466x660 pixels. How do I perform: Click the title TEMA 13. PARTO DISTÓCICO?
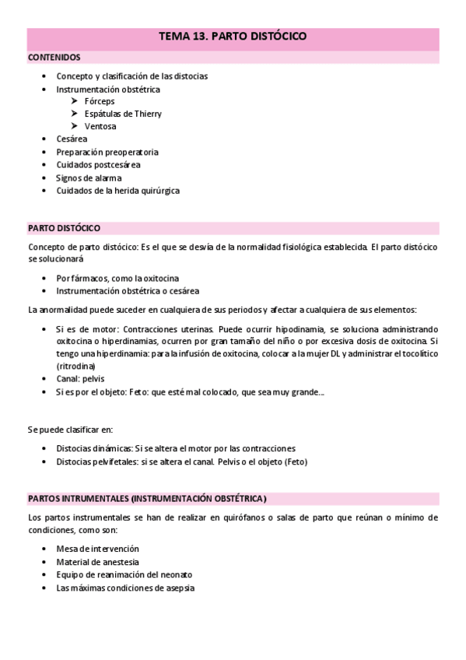(x=233, y=36)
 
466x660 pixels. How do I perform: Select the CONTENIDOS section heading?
(x=54, y=58)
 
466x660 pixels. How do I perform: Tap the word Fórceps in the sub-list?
(x=99, y=101)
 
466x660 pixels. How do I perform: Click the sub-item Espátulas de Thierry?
(x=123, y=114)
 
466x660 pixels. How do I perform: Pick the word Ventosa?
(x=100, y=126)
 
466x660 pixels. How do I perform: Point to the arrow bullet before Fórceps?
(x=73, y=101)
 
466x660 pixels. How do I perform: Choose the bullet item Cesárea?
(x=72, y=139)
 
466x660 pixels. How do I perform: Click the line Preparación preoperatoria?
(x=107, y=152)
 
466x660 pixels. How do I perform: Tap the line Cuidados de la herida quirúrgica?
(x=118, y=190)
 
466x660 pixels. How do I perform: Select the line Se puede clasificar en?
(x=69, y=429)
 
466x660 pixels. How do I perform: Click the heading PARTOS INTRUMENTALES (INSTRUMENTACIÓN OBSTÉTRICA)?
(x=147, y=498)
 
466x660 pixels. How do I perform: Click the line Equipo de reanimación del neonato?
(x=124, y=574)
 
